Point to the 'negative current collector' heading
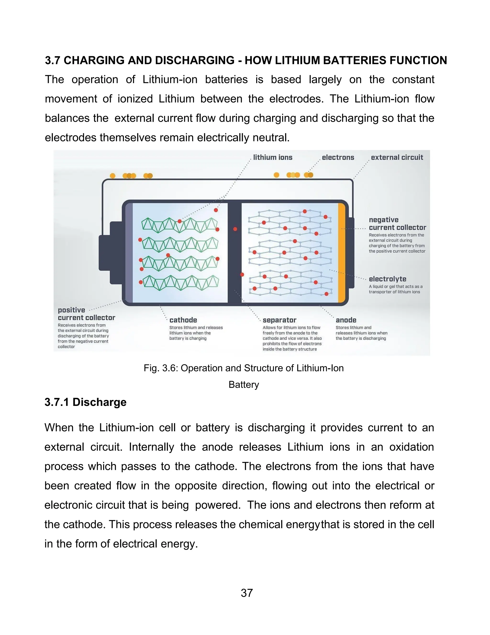pos(397,224)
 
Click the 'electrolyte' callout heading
pos(387,279)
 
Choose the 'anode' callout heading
pos(346,320)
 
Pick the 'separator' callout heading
pos(279,320)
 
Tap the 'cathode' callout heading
pos(183,320)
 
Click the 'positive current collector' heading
pos(86,314)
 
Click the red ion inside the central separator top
pos(235,229)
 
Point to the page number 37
pos(247,593)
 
